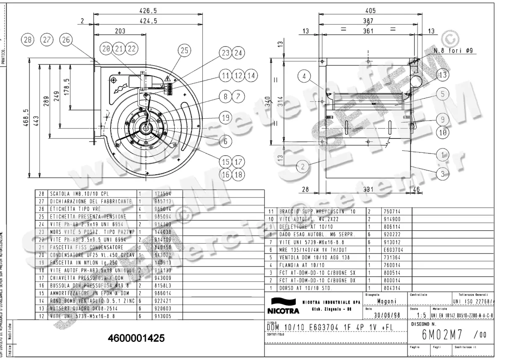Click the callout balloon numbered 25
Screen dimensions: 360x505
183,51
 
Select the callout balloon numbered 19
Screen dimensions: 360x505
226,118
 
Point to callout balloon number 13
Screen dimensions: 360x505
442,75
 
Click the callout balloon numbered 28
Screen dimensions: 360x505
27,40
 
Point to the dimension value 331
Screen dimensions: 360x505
368,190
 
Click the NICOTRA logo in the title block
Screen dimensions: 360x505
282,306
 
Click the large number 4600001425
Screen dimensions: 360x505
136,339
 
